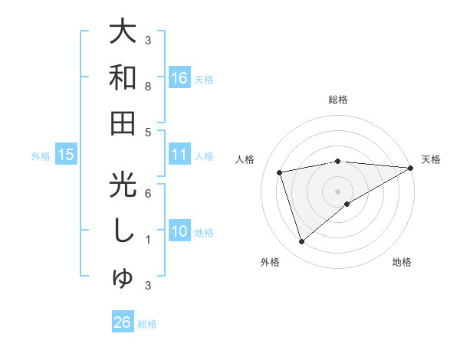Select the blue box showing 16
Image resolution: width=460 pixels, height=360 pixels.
point(179,77)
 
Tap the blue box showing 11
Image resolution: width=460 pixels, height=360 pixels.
point(179,155)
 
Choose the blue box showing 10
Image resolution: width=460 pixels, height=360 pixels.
point(179,231)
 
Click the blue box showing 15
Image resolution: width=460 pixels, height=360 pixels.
point(66,155)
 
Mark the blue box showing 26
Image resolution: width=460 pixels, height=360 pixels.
point(123,322)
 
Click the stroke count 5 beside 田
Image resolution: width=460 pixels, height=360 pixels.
point(148,133)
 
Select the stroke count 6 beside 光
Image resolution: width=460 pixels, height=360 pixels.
point(148,194)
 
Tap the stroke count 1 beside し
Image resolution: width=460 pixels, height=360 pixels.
point(148,240)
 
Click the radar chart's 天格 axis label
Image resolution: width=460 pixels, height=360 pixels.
point(431,159)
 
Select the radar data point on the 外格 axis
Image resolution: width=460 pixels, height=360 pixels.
point(301,242)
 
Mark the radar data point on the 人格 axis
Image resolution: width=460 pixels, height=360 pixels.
point(280,172)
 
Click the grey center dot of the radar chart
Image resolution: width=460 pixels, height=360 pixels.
point(337,191)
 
